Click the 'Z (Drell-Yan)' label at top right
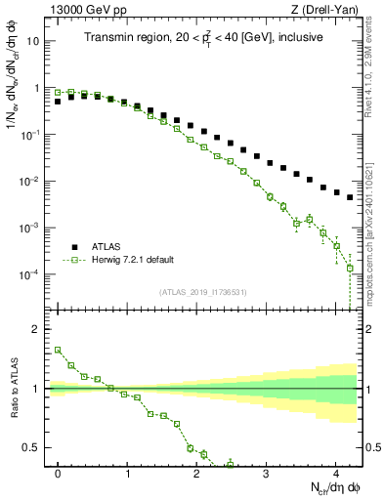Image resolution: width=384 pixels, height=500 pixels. (329, 10)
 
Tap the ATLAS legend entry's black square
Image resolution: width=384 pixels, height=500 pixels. (73, 247)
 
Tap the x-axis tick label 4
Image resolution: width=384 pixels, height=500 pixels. (335, 473)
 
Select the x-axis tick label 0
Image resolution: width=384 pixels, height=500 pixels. (59, 473)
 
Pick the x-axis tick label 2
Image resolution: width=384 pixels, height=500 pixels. (196, 473)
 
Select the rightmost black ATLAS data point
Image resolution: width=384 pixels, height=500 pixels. (350, 196)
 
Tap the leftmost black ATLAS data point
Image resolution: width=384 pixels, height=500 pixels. (58, 101)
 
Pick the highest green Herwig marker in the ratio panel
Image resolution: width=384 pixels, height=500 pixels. (58, 350)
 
